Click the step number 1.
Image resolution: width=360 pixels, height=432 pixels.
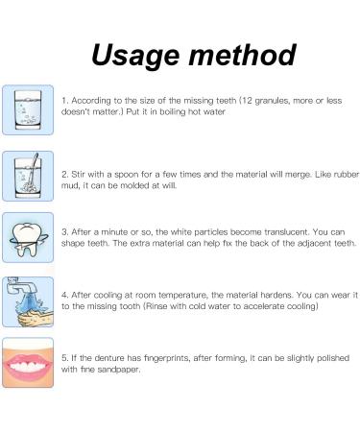point(63,100)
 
